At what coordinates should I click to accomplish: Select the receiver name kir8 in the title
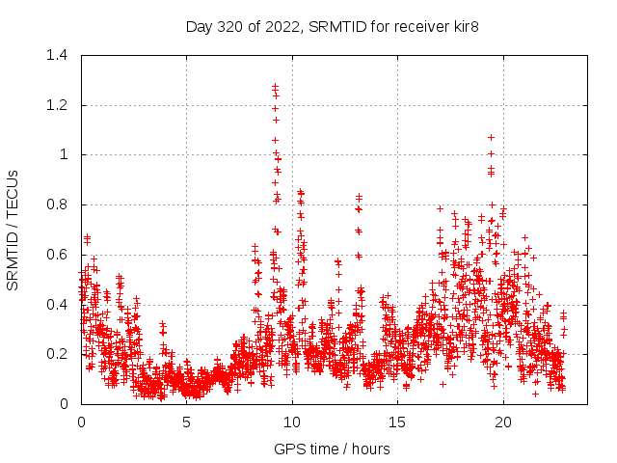[x=463, y=26]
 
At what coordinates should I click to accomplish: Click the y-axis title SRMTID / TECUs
[x=13, y=230]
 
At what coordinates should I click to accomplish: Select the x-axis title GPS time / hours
[x=332, y=449]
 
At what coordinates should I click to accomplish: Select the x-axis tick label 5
[x=187, y=422]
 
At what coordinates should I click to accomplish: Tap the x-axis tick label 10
[x=292, y=422]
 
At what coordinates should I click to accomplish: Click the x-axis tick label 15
[x=397, y=422]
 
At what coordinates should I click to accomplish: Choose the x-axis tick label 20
[x=503, y=422]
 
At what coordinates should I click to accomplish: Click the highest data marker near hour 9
[x=275, y=86]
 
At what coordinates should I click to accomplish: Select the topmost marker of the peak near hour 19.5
[x=491, y=137]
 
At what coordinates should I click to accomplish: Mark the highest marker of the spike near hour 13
[x=359, y=196]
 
